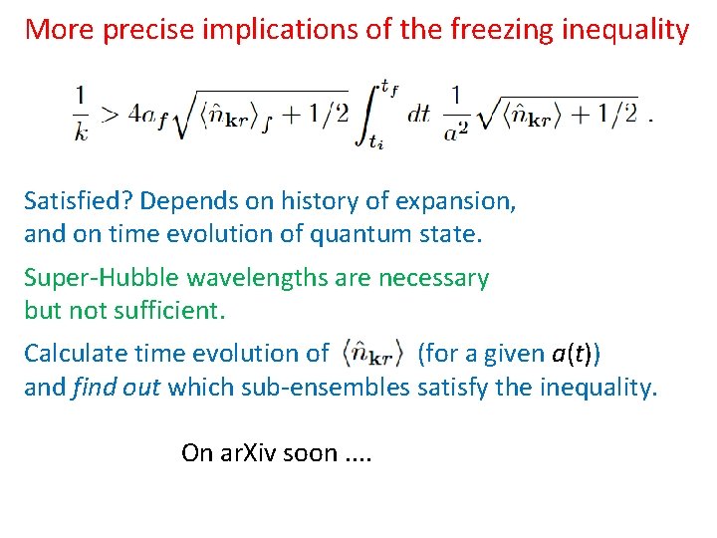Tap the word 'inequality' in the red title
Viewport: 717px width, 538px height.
[625, 30]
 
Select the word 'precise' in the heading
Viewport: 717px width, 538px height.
[157, 30]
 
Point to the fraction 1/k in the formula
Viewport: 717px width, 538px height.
[81, 114]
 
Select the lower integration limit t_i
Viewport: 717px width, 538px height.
[376, 141]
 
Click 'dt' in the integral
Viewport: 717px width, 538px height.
[418, 114]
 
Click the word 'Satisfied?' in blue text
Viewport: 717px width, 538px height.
[78, 201]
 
